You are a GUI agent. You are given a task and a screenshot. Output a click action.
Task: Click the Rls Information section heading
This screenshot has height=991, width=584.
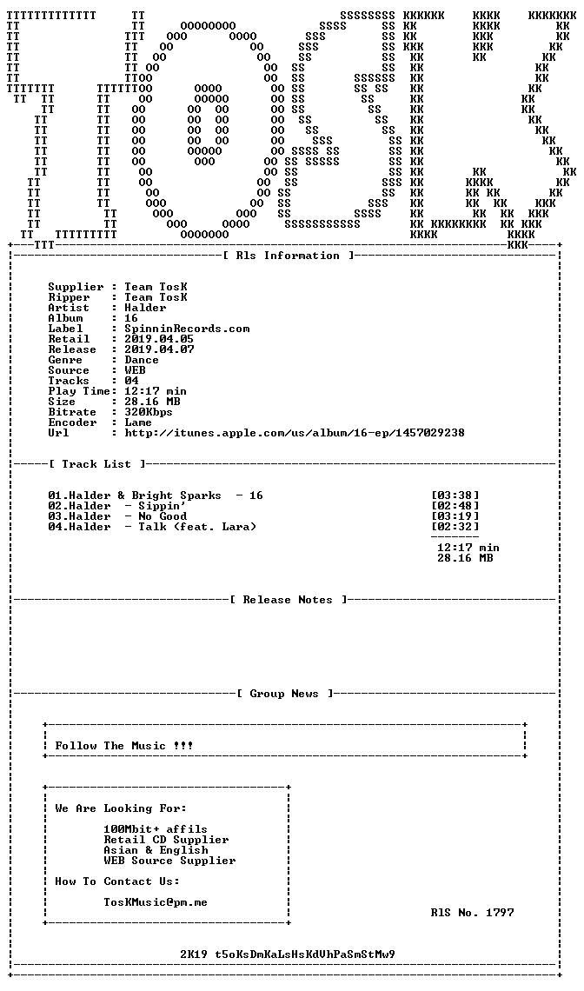coord(288,256)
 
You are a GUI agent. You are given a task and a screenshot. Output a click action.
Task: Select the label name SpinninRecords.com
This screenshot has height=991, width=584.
coord(187,329)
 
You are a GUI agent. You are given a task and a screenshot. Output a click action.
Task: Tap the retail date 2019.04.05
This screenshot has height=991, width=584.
coord(159,339)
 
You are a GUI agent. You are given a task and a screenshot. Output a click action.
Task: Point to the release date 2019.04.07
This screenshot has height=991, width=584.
coord(159,349)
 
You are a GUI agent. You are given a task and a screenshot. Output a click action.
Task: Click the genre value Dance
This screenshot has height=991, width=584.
coord(142,360)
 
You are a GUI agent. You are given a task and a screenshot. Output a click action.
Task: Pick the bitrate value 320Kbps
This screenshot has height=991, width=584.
coord(149,412)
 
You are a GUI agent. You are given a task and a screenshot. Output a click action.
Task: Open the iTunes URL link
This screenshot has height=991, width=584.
coord(295,433)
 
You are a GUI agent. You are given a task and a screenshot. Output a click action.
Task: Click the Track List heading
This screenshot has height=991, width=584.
coord(96,464)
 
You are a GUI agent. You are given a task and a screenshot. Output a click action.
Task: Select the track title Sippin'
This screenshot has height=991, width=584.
coord(163,506)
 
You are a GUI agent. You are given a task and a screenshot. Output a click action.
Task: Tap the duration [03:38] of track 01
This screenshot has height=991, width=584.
coord(455,495)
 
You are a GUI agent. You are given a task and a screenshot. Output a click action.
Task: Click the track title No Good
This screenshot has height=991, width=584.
coord(163,516)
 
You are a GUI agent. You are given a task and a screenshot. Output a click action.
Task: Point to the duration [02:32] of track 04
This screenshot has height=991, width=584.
coord(455,527)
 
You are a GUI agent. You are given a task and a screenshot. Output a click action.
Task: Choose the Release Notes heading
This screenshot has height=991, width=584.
coord(288,600)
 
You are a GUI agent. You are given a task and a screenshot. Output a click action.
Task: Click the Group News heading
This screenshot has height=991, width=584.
coord(284,694)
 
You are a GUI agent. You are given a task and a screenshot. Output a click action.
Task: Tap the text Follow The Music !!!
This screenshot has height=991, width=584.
coord(124,746)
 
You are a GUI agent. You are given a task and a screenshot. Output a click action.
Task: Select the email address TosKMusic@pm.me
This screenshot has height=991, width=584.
coord(156,902)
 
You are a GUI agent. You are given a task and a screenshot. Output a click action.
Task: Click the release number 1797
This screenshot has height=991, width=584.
coord(500,913)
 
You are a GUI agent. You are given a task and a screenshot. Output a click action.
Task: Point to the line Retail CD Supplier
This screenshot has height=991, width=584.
coord(166,840)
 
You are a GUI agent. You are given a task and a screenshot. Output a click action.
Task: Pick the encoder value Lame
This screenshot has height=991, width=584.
coord(138,422)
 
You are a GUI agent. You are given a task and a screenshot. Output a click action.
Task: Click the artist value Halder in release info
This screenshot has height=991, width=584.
coord(145,308)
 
